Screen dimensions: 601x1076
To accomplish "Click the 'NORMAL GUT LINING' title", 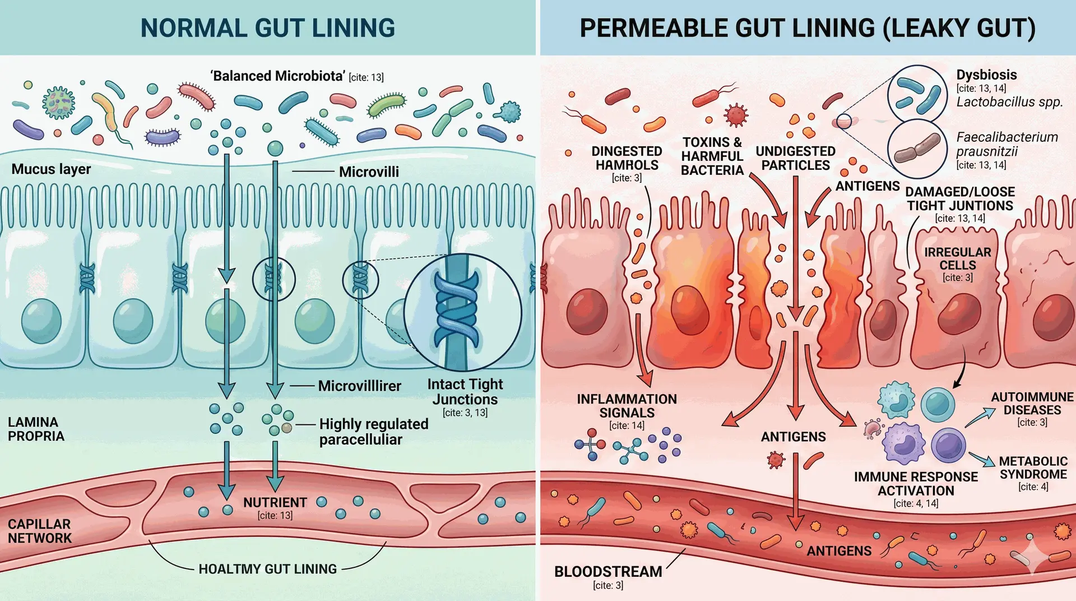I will pos(267,28).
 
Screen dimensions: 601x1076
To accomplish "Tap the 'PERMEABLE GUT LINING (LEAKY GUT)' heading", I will pos(807,28).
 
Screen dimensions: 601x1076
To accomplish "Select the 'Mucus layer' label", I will pos(51,169).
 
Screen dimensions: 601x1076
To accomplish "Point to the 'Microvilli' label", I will pos(369,172).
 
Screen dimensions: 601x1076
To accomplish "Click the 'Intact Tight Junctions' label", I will pos(465,392).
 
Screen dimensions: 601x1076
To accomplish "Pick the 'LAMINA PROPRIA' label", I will pos(36,429).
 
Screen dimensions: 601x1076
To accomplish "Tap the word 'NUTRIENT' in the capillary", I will pos(275,502).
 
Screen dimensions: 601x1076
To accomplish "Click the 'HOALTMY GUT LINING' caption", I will pos(267,569).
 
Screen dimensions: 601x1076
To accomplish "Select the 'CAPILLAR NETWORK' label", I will pos(39,531).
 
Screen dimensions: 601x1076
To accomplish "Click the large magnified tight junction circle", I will pos(462,312).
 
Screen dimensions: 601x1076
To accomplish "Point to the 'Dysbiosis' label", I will pos(986,75).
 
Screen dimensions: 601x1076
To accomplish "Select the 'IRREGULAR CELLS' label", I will pos(957,258).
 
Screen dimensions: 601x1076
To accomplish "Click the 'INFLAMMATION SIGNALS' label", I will pos(627,406).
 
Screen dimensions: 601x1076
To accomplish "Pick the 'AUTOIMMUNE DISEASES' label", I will pos(1032,404).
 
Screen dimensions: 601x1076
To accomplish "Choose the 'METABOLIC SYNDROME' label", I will pos(1033,468).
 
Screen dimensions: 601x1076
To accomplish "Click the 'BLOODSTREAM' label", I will pos(608,572).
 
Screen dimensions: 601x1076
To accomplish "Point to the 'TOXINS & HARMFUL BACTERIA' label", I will pos(712,156).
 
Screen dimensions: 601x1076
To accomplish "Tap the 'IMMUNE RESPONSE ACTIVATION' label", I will pos(916,484).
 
